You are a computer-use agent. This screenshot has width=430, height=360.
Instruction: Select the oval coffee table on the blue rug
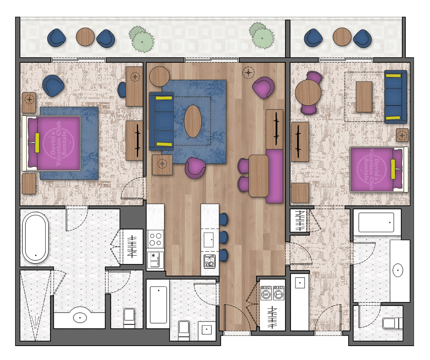point(193,121)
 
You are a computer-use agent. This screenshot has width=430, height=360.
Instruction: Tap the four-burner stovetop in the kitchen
point(156,239)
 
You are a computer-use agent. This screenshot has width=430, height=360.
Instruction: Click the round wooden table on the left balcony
point(85,37)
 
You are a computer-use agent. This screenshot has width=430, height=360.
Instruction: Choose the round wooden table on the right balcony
point(342,37)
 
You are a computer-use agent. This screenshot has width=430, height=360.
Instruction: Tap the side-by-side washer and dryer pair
point(272,294)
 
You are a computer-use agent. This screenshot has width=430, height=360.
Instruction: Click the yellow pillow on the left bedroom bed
point(37,143)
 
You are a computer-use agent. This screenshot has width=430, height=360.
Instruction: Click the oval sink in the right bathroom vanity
point(398,270)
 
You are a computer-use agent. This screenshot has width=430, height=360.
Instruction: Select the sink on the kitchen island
point(209,239)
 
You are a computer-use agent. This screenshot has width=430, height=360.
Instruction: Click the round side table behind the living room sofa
point(159,76)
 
